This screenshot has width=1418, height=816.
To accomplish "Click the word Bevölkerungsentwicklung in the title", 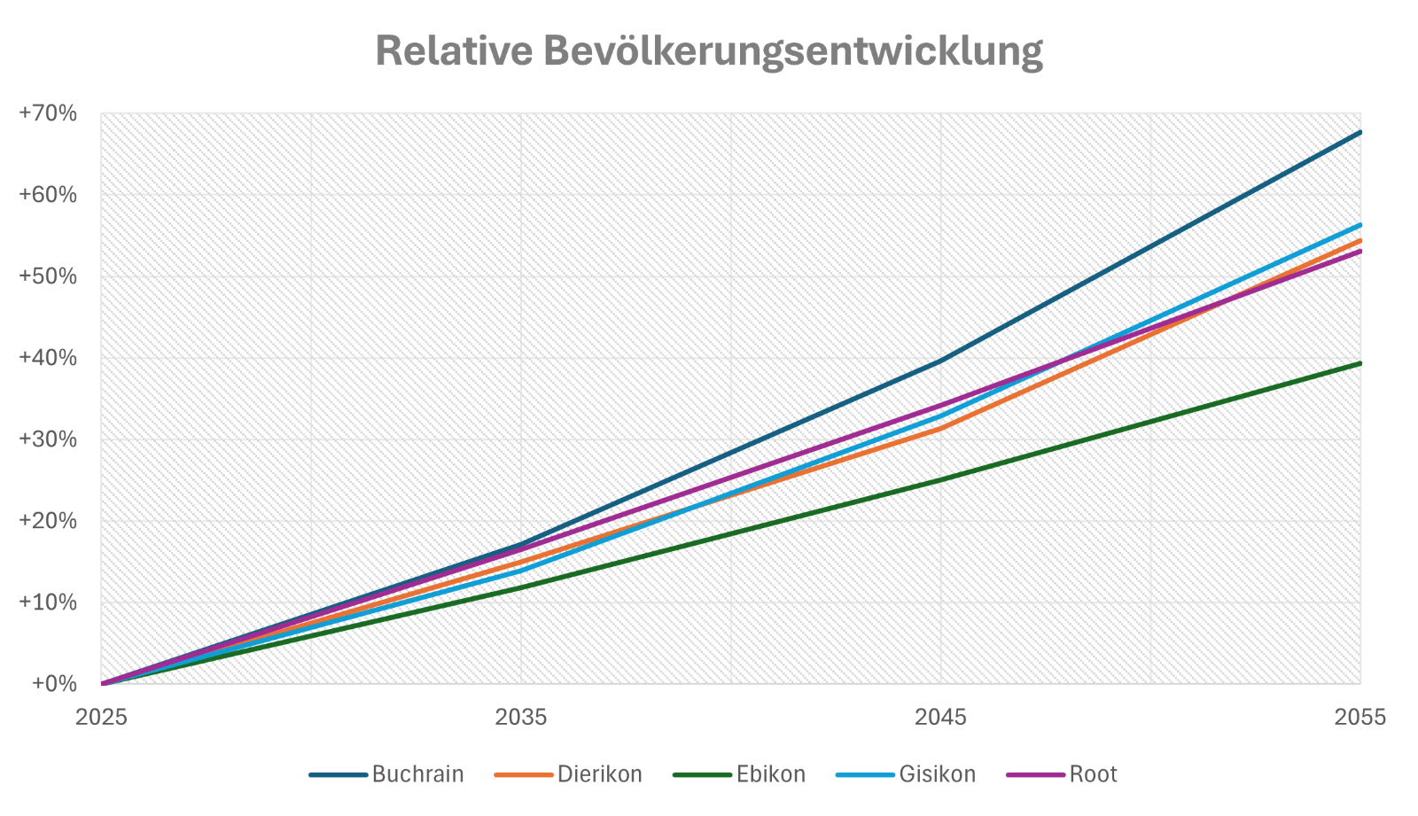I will pos(792,52).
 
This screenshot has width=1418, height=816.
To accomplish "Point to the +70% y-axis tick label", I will pos(48,113).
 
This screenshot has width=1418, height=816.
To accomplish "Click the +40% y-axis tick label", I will pos(48,358).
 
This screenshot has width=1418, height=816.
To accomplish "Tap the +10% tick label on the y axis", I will pos(48,602).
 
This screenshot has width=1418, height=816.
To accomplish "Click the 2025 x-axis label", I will pos(101,717).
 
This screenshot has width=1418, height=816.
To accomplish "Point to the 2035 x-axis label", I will pos(521,717).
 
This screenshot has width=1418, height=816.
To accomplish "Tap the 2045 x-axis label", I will pos(940,717).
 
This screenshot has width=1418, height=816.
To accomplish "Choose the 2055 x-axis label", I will pos(1360,717).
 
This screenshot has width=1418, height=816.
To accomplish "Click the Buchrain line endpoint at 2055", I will pos(1360,132).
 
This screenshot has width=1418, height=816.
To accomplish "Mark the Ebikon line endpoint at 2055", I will pos(1360,363).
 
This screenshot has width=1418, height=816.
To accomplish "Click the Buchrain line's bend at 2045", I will pos(940,361).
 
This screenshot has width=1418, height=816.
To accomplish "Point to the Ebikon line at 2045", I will pos(940,480).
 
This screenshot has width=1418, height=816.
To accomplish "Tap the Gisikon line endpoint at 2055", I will pos(1360,225).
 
